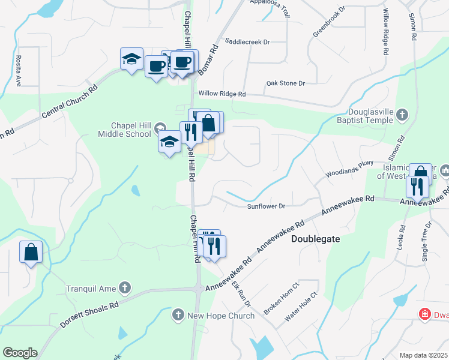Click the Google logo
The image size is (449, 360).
coord(20,353)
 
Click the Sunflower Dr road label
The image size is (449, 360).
coord(265,206)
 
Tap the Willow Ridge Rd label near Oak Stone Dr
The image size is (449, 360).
coord(222,94)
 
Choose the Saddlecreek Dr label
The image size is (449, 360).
coord(247,42)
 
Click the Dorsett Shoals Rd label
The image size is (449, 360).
coord(89,316)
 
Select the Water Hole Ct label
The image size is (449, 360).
coord(300,313)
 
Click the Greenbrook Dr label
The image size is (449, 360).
coord(330,22)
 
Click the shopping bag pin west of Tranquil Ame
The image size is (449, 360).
coord(31,253)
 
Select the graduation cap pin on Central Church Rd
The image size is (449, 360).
coord(131,59)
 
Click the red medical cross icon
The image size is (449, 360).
coord(424,314)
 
